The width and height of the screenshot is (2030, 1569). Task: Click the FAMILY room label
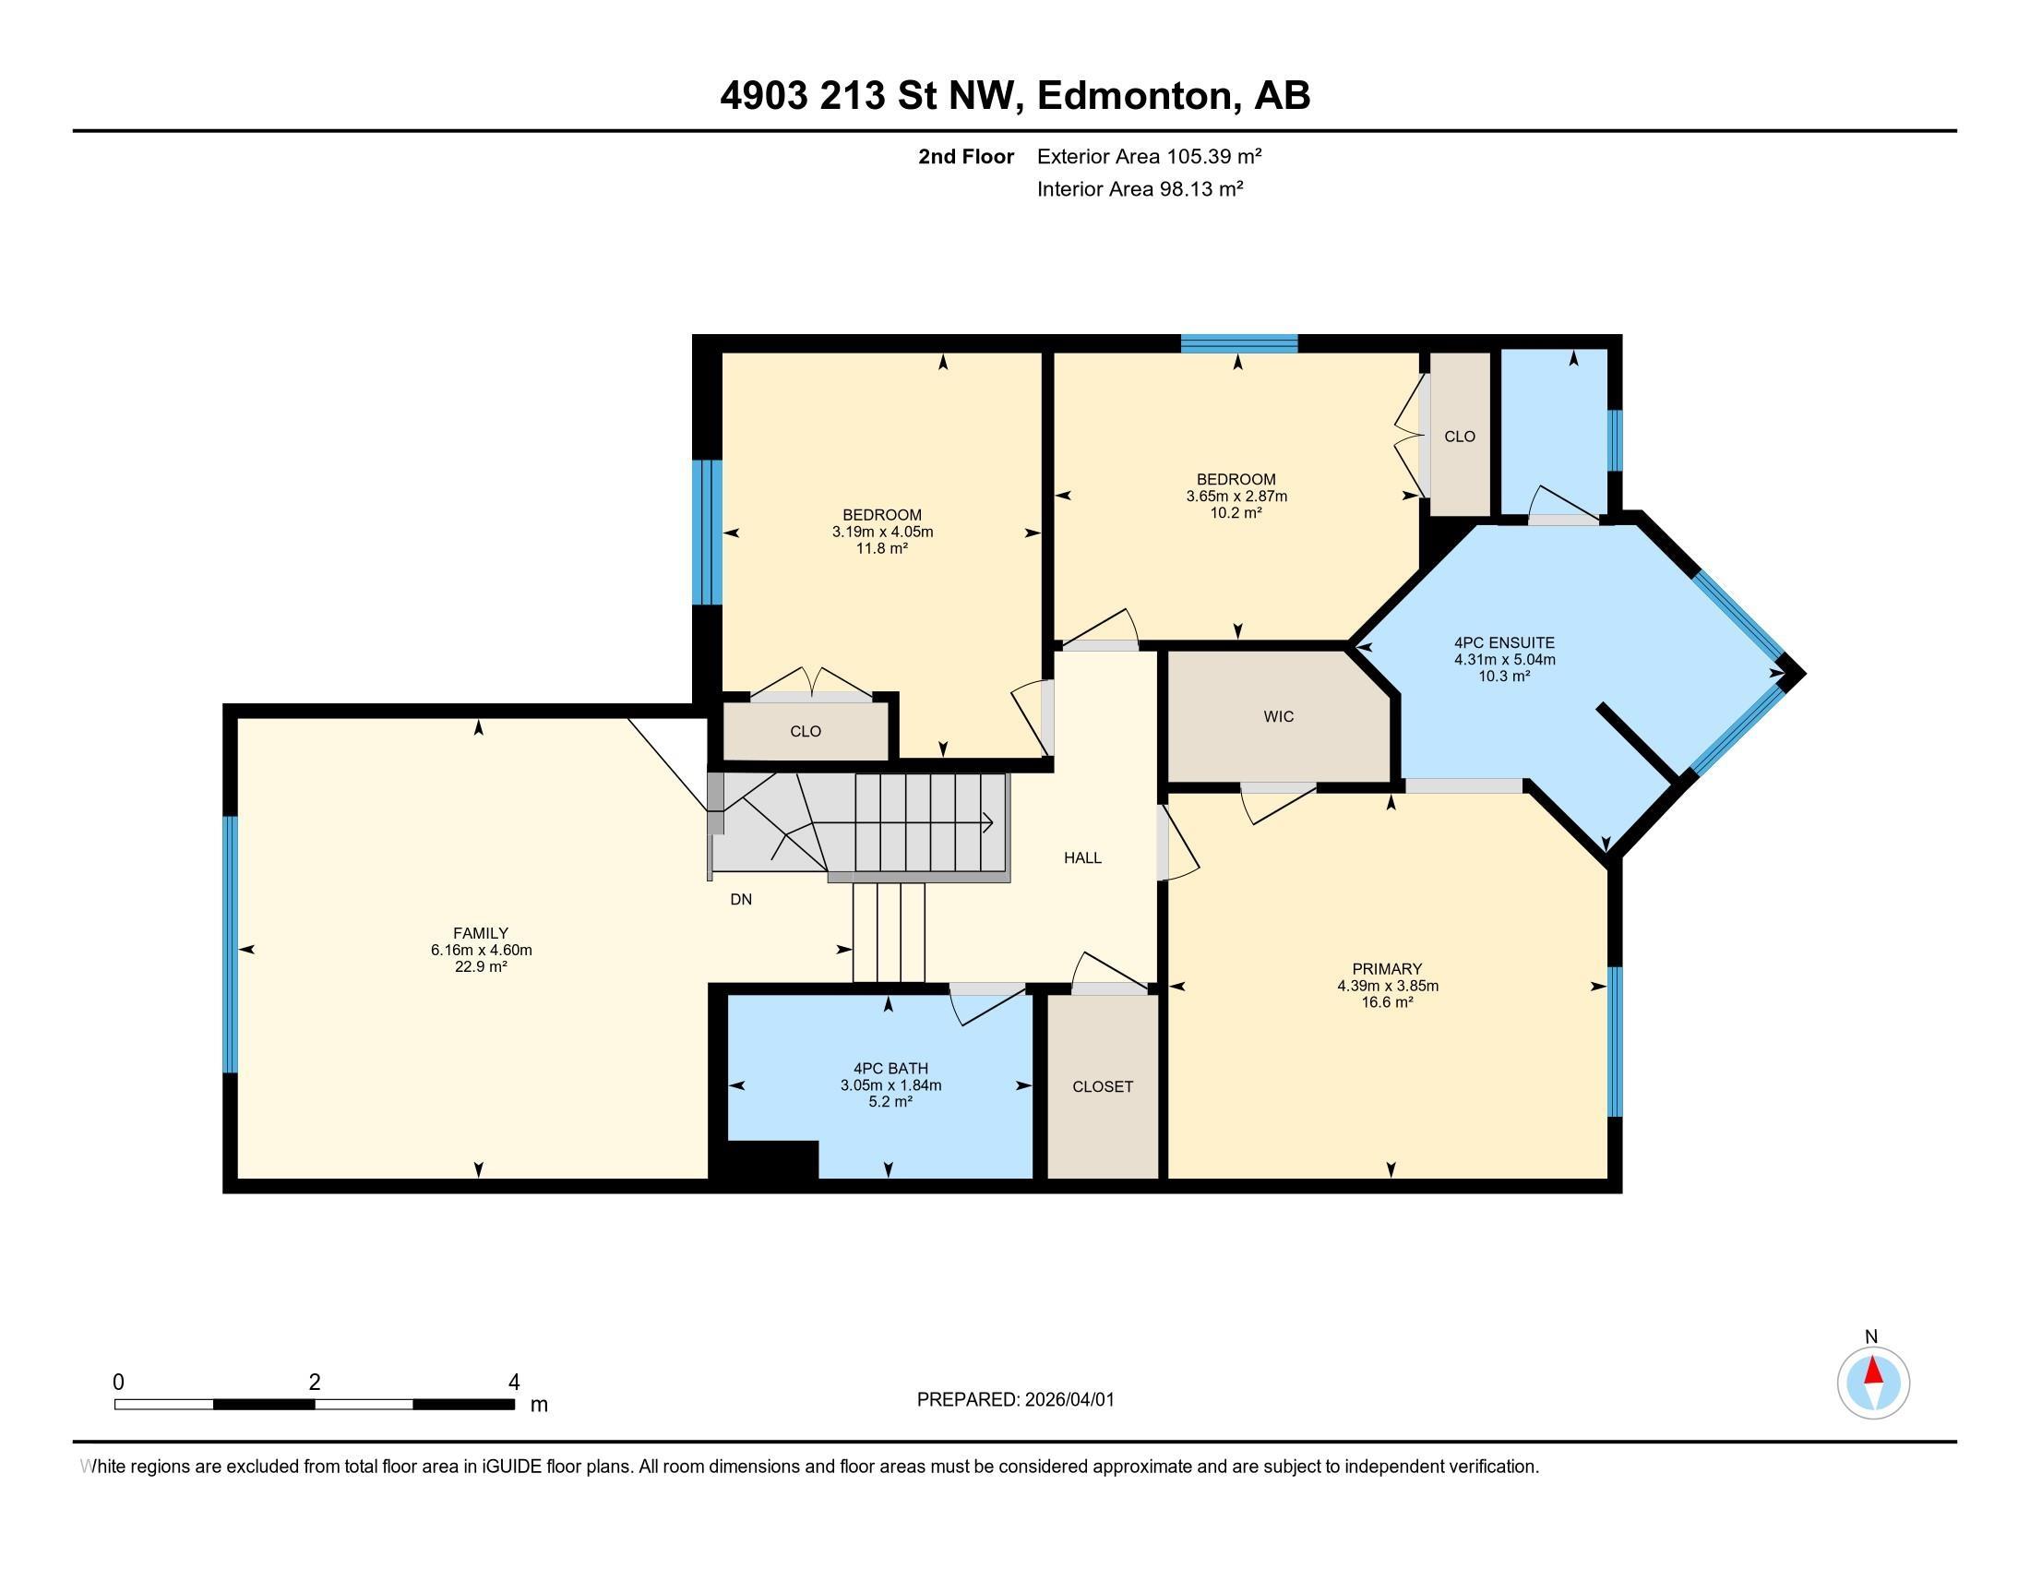(481, 933)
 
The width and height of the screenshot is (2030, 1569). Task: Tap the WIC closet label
(1278, 716)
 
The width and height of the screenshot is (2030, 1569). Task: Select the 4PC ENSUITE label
(1504, 642)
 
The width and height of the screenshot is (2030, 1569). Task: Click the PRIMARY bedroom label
(1387, 968)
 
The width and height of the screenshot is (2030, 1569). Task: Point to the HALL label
(1082, 858)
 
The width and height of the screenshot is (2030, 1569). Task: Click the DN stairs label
(741, 900)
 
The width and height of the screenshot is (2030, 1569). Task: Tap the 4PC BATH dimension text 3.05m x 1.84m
(890, 1084)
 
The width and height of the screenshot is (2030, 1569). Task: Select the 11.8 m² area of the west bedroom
(881, 548)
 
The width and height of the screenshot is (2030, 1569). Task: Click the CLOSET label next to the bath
(1103, 1086)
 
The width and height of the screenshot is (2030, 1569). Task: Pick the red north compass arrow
(1874, 1371)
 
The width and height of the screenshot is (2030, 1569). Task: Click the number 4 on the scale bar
(513, 1383)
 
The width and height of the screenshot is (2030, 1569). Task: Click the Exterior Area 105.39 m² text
(1149, 156)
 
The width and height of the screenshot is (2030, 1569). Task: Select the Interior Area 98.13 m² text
(1140, 189)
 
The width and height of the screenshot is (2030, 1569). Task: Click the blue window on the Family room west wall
(231, 944)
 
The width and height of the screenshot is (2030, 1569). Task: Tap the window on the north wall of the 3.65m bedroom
(1238, 343)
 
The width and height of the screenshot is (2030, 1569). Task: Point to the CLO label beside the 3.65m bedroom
(1460, 437)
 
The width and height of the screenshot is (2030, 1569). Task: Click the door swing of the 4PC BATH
(981, 1006)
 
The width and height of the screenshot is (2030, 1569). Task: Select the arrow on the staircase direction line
(987, 822)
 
